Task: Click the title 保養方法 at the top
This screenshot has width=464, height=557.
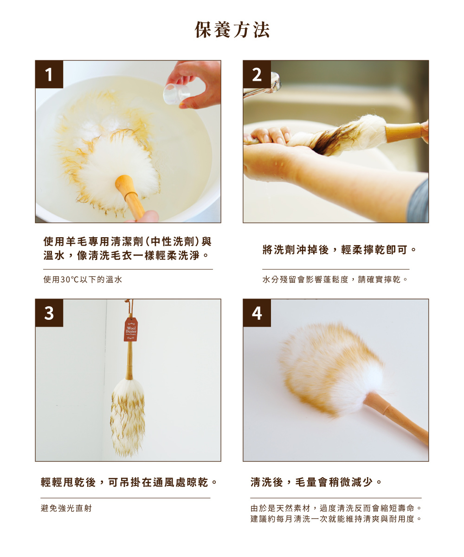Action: (232, 30)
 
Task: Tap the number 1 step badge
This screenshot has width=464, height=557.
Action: (49, 75)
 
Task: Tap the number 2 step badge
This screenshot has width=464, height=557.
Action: (257, 75)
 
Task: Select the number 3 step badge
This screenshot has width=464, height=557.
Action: (49, 313)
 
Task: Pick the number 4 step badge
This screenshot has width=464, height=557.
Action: (257, 313)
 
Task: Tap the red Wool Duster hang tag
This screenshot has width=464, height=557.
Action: (131, 330)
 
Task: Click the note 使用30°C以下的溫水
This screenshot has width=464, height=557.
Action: (83, 279)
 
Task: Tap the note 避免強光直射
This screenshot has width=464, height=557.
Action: (67, 508)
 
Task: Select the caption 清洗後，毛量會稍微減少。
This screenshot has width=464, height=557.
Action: (316, 482)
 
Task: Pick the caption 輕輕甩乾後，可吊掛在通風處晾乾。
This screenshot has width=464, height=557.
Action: (129, 482)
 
